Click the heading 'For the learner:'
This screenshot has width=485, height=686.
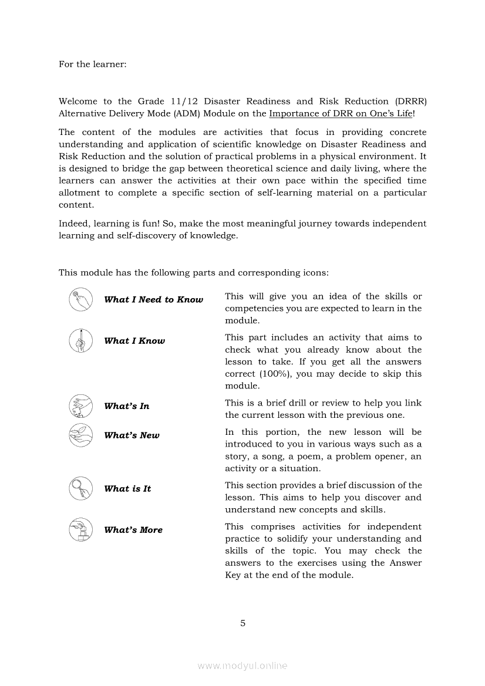pyautogui.click(x=92, y=64)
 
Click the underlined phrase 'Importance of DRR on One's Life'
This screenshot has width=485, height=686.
pyautogui.click(x=341, y=113)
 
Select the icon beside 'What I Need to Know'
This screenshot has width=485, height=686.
pyautogui.click(x=80, y=299)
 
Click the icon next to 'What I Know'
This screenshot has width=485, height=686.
pyautogui.click(x=80, y=340)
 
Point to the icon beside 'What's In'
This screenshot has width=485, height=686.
pyautogui.click(x=80, y=405)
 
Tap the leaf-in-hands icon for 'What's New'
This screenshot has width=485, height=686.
pyautogui.click(x=80, y=435)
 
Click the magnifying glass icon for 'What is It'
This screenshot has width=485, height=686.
pyautogui.click(x=80, y=488)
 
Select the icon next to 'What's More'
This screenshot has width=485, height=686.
pyautogui.click(x=80, y=529)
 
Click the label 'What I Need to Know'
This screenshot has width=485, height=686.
pyautogui.click(x=153, y=300)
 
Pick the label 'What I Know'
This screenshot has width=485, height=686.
pyautogui.click(x=134, y=341)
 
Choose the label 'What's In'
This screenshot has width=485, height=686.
pyautogui.click(x=127, y=406)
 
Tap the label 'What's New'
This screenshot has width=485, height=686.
pyautogui.click(x=132, y=435)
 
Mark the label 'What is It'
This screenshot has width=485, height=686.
pyautogui.click(x=127, y=489)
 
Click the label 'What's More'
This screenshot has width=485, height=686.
pyautogui.click(x=133, y=530)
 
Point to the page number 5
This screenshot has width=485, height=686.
pyautogui.click(x=242, y=623)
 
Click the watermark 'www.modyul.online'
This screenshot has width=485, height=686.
pyautogui.click(x=242, y=665)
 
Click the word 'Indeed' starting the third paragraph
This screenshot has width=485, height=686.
pyautogui.click(x=73, y=224)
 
